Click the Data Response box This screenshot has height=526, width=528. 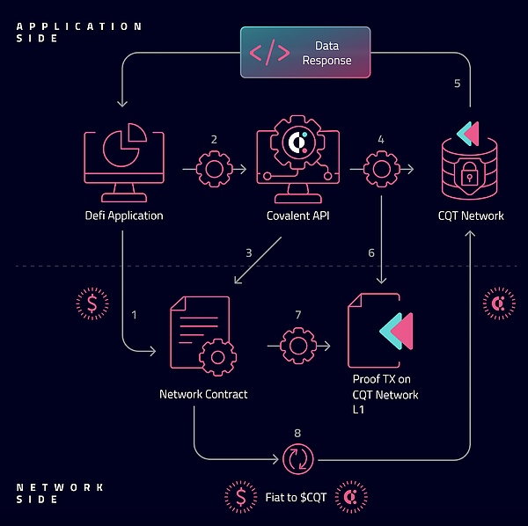(305, 53)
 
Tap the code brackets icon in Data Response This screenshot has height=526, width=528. (269, 53)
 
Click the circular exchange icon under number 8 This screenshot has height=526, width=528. (297, 459)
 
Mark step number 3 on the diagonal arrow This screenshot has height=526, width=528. (249, 252)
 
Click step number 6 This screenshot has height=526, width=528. (370, 252)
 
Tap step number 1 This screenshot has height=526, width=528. (134, 314)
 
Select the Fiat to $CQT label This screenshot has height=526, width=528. (296, 496)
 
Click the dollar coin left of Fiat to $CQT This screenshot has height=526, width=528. (241, 496)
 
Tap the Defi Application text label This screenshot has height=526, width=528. (123, 216)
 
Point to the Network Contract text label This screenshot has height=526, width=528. (203, 394)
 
